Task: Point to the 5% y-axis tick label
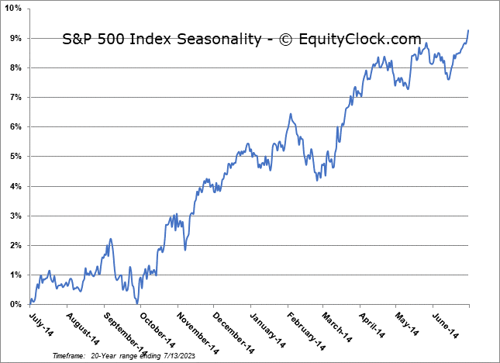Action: point(15,157)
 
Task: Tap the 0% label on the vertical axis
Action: point(15,304)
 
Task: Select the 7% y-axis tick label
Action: point(15,98)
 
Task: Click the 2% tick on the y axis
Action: point(15,246)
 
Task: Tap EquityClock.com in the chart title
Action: point(362,40)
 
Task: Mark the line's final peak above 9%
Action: point(468,30)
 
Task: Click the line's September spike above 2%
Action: point(110,239)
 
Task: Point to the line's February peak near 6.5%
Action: point(290,114)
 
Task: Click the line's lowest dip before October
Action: point(136,302)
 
